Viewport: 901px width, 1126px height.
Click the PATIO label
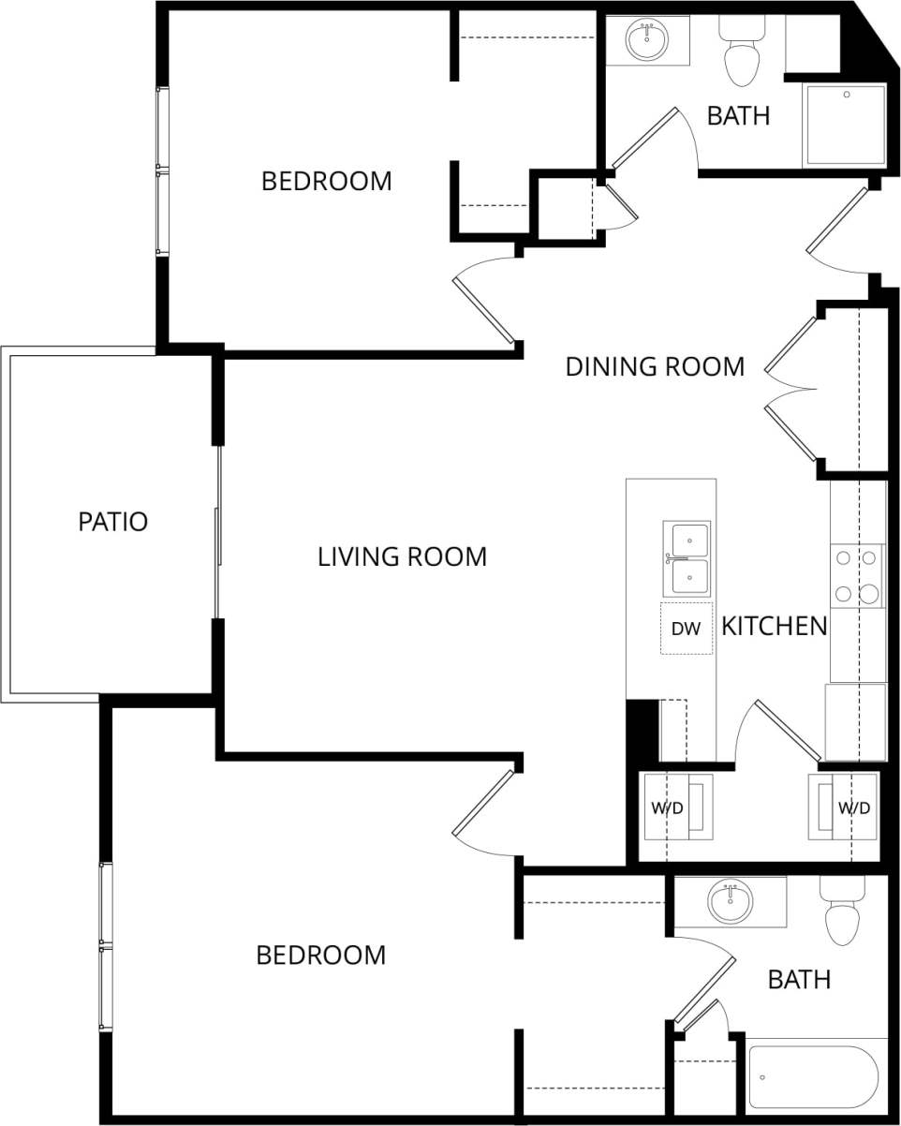click(x=112, y=522)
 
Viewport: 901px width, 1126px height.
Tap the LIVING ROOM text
click(x=402, y=556)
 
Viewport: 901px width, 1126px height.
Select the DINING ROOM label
click(x=655, y=366)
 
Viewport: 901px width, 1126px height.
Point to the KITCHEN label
click(x=774, y=626)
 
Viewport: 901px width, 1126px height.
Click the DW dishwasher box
click(x=686, y=629)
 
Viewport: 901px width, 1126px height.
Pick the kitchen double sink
click(x=687, y=559)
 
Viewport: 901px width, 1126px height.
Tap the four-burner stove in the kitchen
click(x=857, y=575)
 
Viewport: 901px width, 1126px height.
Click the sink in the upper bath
click(x=647, y=40)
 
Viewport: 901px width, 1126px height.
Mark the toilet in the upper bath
click(x=742, y=56)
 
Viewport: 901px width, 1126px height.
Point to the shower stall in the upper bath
click(x=845, y=125)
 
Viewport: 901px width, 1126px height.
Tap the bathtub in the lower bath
click(x=813, y=1076)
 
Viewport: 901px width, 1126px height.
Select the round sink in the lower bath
click(x=730, y=902)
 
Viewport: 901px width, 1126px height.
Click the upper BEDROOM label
click(x=326, y=181)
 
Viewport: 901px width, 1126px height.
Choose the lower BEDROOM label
click(x=320, y=956)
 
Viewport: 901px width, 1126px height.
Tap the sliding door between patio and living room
click(x=218, y=532)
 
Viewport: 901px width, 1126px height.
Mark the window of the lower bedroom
click(x=106, y=947)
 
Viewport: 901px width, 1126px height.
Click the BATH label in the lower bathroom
click(x=799, y=980)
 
